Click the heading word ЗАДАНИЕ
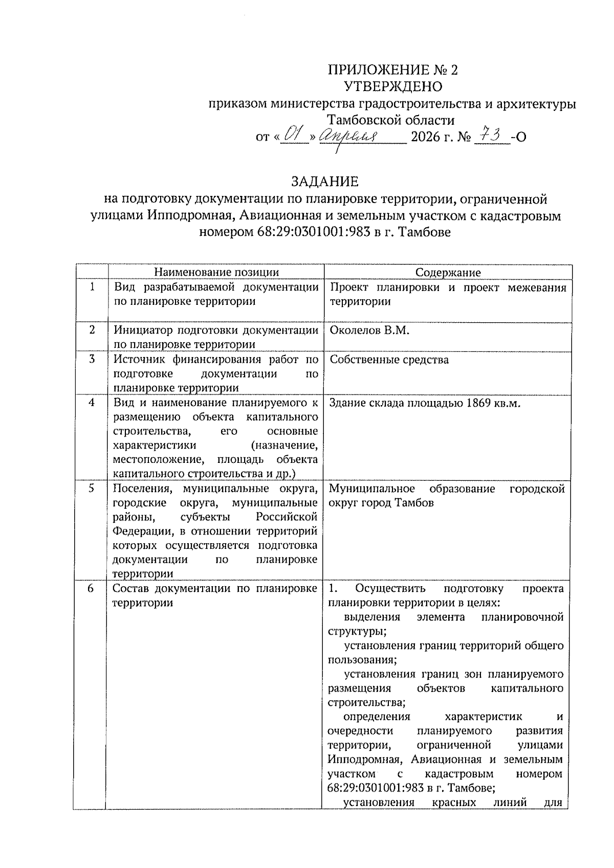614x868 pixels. pos(324,182)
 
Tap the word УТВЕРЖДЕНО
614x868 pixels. pos(392,86)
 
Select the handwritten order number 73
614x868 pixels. pos(492,136)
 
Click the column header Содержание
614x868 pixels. pos(448,273)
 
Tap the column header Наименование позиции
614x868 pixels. pos(217,273)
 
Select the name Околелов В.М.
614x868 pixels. pos(370,330)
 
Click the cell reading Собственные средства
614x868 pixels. pos(389,360)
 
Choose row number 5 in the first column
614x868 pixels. pos(91,488)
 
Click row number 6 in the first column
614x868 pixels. pos(91,589)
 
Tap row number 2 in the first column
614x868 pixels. pos(92,330)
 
